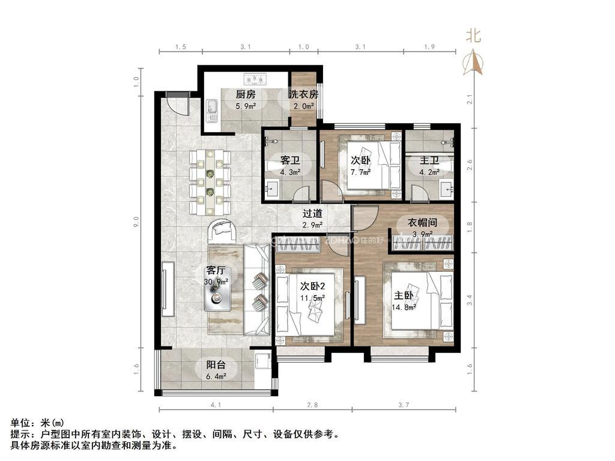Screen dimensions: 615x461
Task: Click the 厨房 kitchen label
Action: coord(246,94)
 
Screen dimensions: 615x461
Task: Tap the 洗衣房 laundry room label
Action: coord(303,94)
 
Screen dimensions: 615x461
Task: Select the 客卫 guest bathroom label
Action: coord(290,160)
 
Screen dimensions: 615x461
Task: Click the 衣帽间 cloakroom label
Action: coord(422,223)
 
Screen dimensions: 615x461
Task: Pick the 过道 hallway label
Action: coord(312,214)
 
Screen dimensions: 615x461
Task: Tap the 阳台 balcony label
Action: coord(216,365)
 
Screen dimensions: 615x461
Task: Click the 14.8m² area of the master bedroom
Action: coord(404,307)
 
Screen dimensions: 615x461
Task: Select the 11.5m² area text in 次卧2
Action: coord(312,298)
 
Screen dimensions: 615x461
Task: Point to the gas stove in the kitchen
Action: coord(255,79)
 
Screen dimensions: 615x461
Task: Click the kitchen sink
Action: coord(212,110)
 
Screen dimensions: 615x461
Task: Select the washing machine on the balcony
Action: coord(262,361)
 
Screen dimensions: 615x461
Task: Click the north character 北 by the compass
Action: coord(473,35)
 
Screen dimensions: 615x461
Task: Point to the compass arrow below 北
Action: coord(473,62)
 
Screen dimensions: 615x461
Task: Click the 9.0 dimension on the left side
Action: coord(136,222)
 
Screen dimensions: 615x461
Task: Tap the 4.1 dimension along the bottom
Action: coord(216,405)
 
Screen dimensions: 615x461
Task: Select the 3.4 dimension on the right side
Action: coord(470,300)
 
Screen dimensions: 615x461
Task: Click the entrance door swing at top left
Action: coord(177,104)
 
